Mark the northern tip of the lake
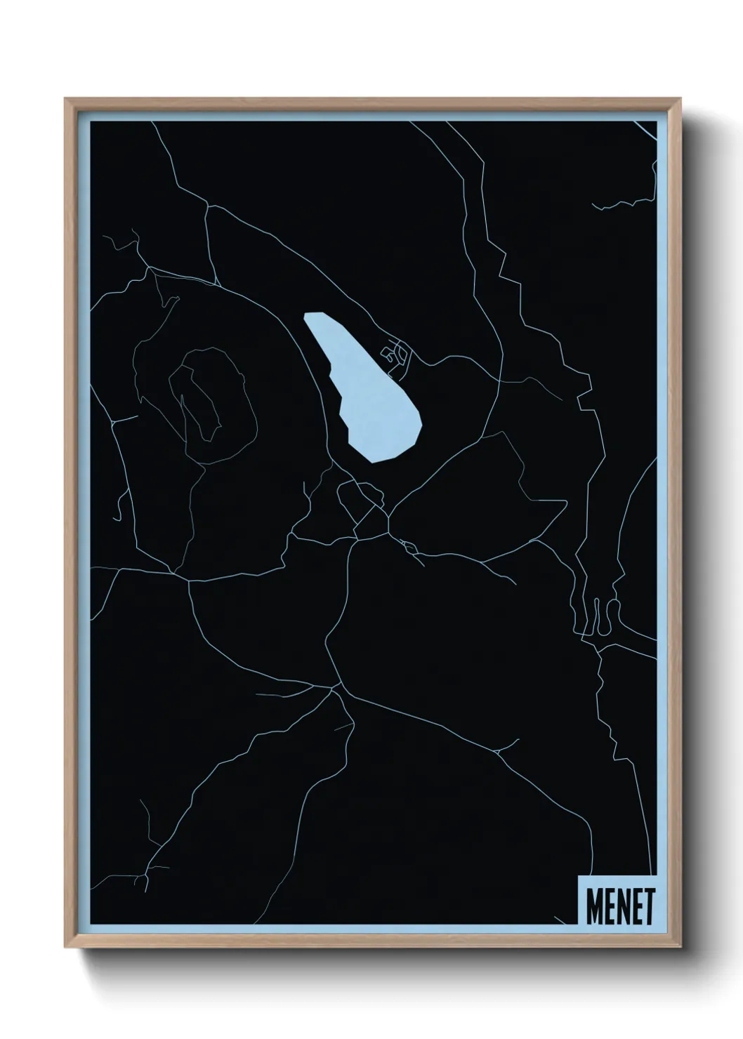[x=309, y=316]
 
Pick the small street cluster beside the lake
[x=397, y=355]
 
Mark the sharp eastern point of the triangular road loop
[x=565, y=502]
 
